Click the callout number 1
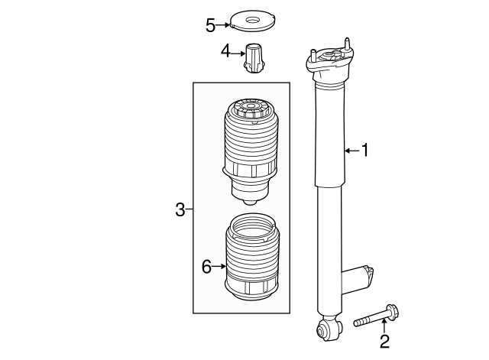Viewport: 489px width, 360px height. point(364,151)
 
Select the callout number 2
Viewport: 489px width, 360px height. point(384,342)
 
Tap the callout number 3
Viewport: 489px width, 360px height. point(180,209)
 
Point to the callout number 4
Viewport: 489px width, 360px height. point(225,51)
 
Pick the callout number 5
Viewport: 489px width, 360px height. point(211,25)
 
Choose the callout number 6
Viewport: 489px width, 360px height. point(206,267)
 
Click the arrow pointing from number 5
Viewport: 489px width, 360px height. point(222,25)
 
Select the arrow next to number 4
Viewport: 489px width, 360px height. point(238,54)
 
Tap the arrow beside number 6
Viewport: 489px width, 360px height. point(219,267)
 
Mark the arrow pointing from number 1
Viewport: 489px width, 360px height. point(352,151)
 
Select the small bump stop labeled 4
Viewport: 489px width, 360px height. point(254,58)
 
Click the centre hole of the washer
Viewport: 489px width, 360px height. point(252,20)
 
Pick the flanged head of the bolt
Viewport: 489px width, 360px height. point(393,312)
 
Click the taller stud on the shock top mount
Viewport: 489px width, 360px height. point(347,44)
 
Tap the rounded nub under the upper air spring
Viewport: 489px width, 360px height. point(251,202)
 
